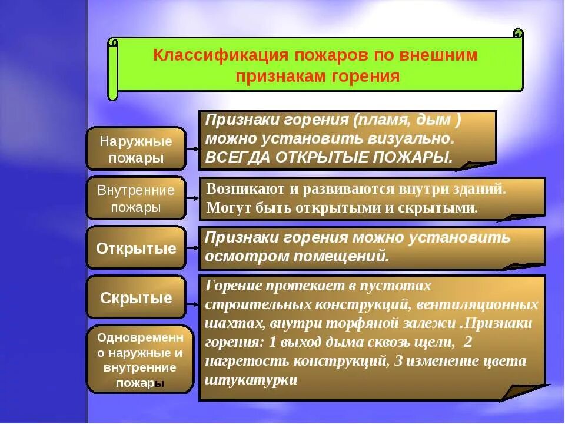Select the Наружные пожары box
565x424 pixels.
tap(136, 150)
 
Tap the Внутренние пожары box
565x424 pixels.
tap(136, 198)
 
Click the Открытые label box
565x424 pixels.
tap(136, 249)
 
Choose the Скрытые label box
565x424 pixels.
tap(136, 298)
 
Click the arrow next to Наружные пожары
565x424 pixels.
tap(192, 150)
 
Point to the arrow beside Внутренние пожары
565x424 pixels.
tap(192, 199)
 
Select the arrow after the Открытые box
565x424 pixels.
tap(192, 248)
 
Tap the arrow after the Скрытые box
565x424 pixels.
tap(192, 305)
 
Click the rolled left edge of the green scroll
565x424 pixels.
tap(112, 68)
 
